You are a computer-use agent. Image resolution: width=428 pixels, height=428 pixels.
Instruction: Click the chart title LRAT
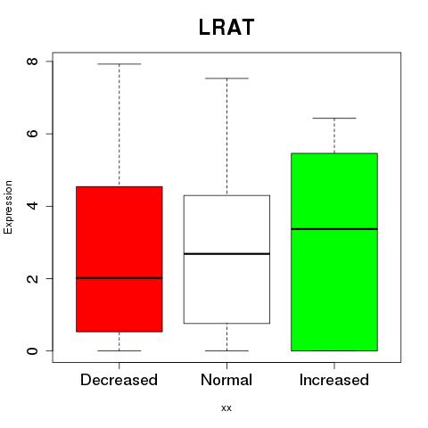coord(226,28)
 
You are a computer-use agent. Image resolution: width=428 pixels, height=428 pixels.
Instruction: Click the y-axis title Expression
coord(8,207)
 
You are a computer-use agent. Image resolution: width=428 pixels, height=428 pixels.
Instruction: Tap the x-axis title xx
coord(226,408)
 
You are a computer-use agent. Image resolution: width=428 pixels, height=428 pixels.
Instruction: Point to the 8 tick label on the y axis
coord(32,62)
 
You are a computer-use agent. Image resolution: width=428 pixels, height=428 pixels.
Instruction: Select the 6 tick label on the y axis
coord(32,134)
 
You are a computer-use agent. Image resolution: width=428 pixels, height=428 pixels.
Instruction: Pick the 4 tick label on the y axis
coord(32,206)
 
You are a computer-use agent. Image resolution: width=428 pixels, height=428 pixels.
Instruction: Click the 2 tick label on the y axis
coord(32,278)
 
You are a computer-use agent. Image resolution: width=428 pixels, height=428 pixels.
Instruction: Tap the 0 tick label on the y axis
coord(32,350)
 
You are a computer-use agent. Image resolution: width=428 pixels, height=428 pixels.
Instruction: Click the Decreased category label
coord(119,380)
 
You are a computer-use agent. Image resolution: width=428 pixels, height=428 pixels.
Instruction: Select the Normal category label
coord(226,380)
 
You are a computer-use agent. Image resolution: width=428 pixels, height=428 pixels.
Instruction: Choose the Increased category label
coord(334,380)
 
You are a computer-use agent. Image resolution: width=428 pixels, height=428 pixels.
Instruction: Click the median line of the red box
coord(119,278)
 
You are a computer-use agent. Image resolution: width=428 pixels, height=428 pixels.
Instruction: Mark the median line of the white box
coord(226,254)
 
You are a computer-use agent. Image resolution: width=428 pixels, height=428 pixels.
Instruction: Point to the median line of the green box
coord(334,229)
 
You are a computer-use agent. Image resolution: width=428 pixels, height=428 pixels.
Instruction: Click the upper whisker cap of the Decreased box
coord(119,64)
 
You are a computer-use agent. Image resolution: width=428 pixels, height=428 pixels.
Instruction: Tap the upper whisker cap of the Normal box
coord(226,78)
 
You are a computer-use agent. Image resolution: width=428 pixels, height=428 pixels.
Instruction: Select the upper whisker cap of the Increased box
coord(334,119)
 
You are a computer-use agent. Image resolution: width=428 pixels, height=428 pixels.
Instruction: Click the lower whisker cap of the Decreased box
coord(119,350)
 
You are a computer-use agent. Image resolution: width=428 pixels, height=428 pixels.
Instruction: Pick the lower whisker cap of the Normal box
coord(226,350)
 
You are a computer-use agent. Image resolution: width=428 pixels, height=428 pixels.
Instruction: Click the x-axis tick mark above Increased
coord(334,366)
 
